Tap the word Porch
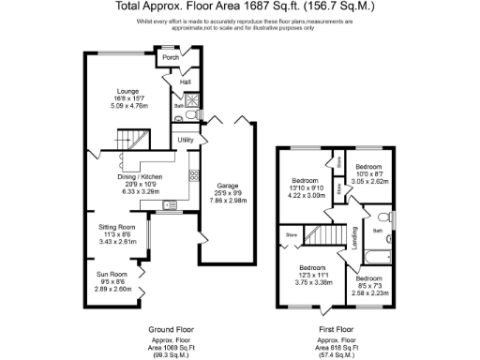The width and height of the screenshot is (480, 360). point(171,58)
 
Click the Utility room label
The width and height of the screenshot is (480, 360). point(186,140)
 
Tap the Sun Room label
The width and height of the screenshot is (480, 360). point(114,275)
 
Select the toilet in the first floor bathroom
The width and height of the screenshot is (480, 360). point(392,220)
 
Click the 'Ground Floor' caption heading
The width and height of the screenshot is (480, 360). point(171,330)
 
